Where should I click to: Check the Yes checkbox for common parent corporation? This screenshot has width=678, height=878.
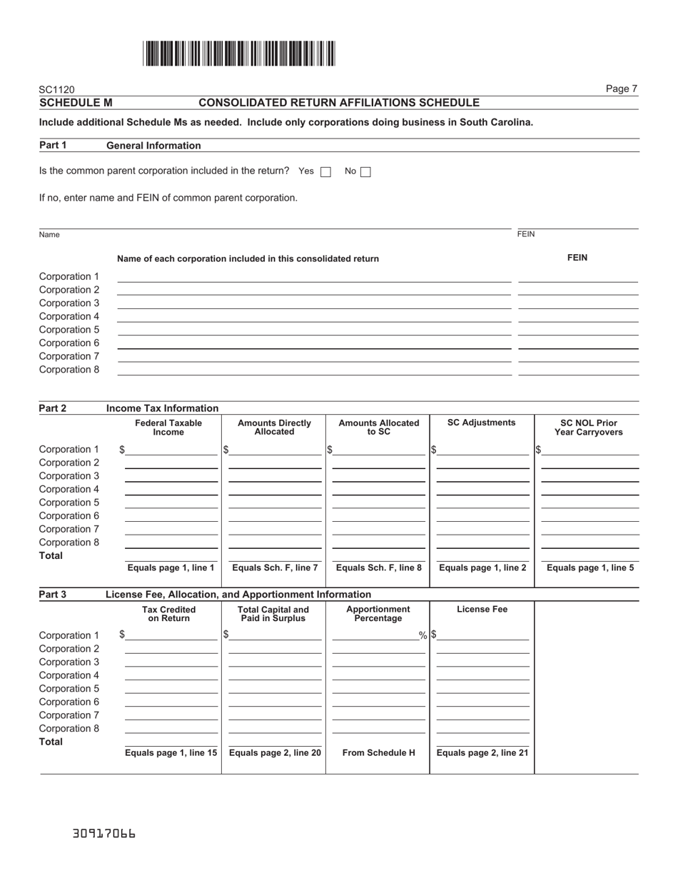(326, 171)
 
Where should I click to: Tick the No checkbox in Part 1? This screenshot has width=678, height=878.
(366, 171)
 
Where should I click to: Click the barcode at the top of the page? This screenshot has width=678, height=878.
(239, 54)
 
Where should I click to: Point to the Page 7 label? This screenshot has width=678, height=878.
(621, 89)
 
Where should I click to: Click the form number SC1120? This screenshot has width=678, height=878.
(56, 90)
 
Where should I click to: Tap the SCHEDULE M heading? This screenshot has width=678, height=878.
(76, 103)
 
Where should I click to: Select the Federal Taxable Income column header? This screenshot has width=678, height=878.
(168, 428)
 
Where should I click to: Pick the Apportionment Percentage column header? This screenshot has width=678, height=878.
(378, 614)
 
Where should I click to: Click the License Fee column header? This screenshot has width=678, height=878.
(482, 610)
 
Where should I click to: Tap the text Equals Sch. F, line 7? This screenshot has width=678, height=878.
(275, 568)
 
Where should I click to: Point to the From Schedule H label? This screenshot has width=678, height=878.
(378, 752)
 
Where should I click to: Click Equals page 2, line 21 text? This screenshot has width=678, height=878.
(482, 752)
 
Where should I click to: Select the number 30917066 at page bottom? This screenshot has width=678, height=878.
(103, 834)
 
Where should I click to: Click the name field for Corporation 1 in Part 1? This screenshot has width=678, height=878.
(314, 277)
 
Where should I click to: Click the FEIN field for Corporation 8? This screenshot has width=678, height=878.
(577, 370)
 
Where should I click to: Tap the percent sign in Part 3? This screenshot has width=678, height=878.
(423, 635)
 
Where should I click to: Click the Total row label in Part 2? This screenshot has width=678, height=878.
(51, 555)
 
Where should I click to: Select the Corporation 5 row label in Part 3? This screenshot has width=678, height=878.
(69, 689)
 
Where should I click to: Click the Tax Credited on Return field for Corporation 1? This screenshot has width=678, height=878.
(171, 635)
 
